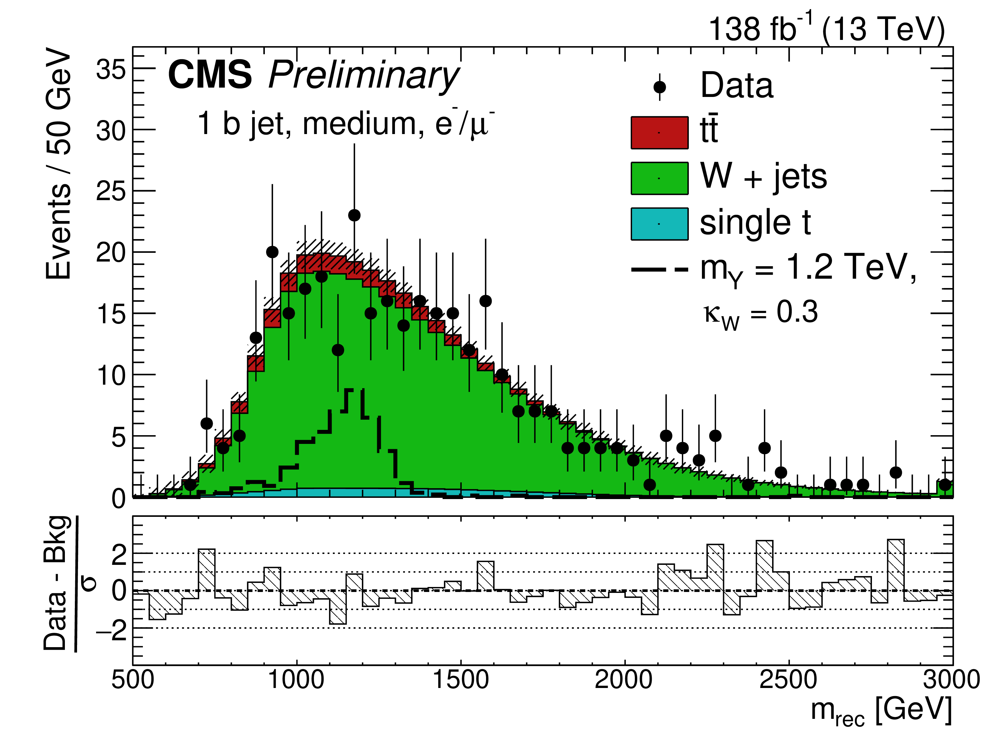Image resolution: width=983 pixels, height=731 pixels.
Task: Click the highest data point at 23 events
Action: pyautogui.click(x=354, y=215)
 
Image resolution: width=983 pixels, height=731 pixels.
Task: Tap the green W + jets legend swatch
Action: pyautogui.click(x=659, y=178)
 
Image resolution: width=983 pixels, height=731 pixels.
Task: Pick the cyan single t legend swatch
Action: pyautogui.click(x=659, y=224)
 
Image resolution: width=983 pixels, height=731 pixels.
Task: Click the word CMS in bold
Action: pyautogui.click(x=210, y=75)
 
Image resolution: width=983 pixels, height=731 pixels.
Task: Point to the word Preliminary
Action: pyautogui.click(x=363, y=76)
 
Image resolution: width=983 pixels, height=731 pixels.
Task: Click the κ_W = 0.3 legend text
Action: pyautogui.click(x=761, y=313)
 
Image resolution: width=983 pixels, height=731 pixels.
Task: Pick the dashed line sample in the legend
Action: pyautogui.click(x=659, y=269)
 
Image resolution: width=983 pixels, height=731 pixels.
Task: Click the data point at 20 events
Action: pyautogui.click(x=272, y=252)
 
